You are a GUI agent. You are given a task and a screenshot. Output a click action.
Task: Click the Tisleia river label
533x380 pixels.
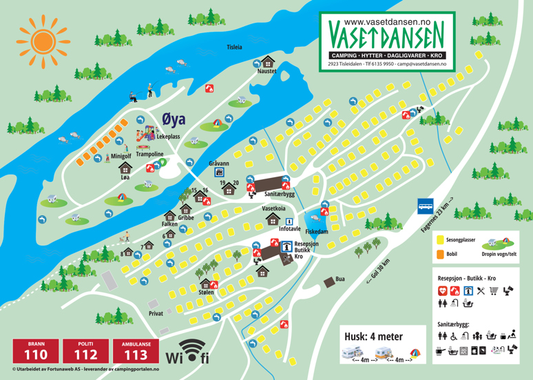pyautogui.click(x=234, y=48)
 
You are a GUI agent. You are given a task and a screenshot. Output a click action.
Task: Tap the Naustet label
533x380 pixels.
pyautogui.click(x=266, y=71)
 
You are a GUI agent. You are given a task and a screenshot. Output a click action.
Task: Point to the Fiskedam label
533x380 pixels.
pyautogui.click(x=316, y=232)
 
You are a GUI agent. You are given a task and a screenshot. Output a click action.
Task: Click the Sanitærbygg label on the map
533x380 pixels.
pyautogui.click(x=280, y=194)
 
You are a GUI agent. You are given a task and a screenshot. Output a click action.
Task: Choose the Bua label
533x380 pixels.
pyautogui.click(x=339, y=279)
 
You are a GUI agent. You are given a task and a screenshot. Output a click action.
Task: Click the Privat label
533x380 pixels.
pyautogui.click(x=156, y=314)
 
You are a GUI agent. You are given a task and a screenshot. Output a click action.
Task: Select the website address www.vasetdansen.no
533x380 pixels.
pyautogui.click(x=387, y=22)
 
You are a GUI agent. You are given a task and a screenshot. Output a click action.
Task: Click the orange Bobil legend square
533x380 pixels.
pyautogui.click(x=440, y=254)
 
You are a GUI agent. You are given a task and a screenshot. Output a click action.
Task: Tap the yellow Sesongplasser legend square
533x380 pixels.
pyautogui.click(x=440, y=240)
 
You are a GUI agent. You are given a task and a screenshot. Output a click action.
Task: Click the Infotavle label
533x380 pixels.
pyautogui.click(x=290, y=228)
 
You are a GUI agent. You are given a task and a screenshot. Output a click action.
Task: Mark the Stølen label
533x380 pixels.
pyautogui.click(x=206, y=292)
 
